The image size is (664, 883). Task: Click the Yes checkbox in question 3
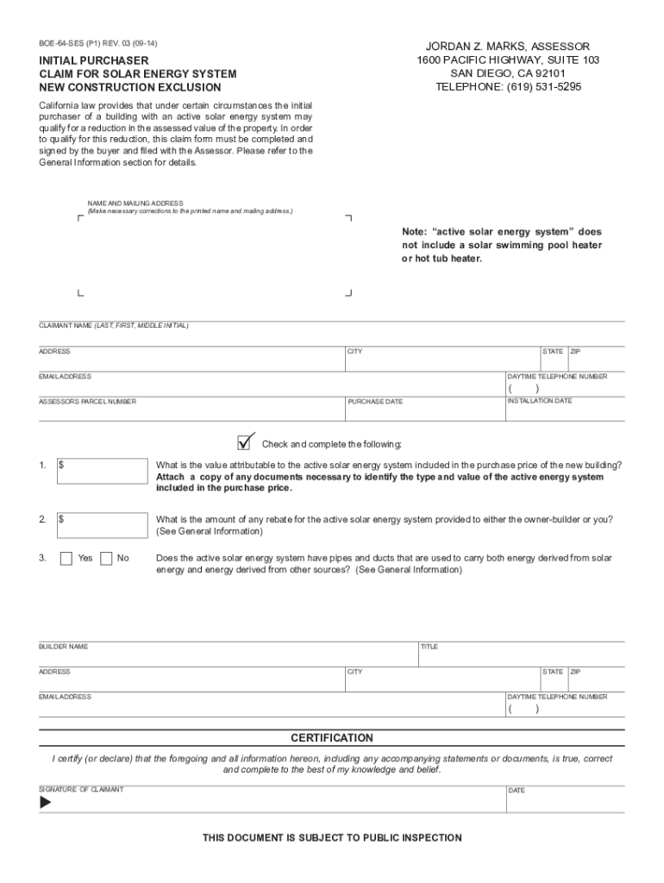(66, 558)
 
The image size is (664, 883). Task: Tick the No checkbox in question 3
(106, 558)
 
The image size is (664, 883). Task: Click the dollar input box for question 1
(102, 471)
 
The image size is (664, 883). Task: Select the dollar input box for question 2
(102, 525)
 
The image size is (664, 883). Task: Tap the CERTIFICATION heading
(332, 738)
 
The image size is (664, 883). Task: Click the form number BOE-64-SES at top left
(66, 43)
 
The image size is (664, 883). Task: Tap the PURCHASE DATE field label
(375, 402)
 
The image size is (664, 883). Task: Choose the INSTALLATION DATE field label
(539, 401)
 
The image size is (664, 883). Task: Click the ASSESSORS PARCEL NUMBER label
(87, 402)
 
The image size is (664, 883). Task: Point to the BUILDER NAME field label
(63, 647)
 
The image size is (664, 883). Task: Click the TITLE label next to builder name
(429, 647)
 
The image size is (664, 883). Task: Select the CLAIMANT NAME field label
(113, 326)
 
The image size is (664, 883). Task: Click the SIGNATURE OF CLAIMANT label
(81, 790)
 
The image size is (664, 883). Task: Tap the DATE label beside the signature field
(516, 791)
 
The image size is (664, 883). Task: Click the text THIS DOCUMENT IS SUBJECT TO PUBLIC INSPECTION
(332, 838)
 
